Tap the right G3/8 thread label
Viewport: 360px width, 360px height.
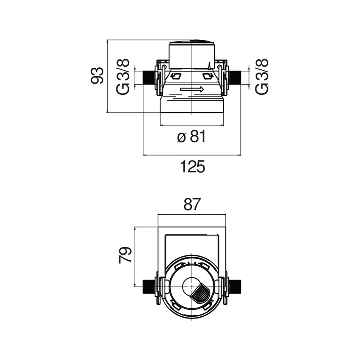[262, 77]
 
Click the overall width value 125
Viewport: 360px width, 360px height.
[192, 166]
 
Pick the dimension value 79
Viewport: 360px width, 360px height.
[126, 256]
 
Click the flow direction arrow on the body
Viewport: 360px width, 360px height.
[192, 89]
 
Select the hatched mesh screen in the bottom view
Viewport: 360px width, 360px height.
[200, 293]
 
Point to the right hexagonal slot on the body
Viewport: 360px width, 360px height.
[208, 77]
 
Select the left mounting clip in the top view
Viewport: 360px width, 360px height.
[160, 78]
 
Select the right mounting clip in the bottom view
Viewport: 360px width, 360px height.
[224, 290]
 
